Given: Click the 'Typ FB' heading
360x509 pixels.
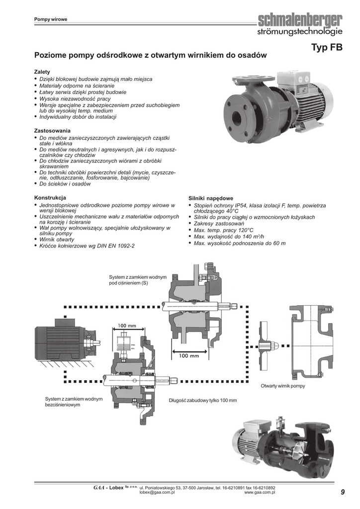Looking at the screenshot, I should (x=327, y=48).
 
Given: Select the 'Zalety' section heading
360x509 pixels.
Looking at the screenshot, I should (x=42, y=72).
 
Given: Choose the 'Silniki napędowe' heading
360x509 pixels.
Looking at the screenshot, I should (x=211, y=198).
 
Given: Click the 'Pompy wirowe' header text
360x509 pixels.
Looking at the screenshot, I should (x=51, y=19).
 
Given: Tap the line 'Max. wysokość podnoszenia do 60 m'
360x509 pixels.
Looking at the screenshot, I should (x=240, y=243).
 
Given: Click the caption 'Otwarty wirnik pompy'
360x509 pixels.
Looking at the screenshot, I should (x=283, y=386).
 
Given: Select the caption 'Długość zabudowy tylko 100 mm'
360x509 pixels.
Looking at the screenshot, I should (x=203, y=400).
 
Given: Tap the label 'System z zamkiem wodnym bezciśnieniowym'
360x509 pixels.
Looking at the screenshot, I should (x=74, y=402).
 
